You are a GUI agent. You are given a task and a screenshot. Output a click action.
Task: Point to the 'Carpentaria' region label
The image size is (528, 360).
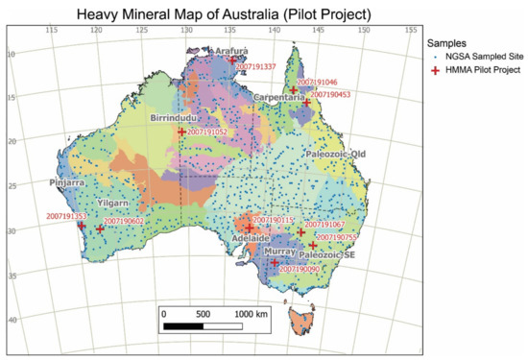tap(281, 98)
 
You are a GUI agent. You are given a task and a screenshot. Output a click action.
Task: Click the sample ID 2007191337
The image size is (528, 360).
tap(255, 67)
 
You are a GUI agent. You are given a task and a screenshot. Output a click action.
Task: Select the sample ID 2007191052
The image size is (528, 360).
tap(207, 132)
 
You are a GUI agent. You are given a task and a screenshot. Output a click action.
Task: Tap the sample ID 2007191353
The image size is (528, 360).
tap(67, 217)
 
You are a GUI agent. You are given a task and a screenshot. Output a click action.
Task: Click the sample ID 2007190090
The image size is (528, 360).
tap(300, 270)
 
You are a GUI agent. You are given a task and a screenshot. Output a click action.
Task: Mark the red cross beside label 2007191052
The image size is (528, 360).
tap(181, 132)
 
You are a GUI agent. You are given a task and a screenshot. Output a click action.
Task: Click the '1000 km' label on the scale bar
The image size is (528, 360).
tap(251, 314)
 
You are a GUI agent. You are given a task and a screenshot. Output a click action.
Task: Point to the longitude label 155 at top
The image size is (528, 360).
tap(375, 34)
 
